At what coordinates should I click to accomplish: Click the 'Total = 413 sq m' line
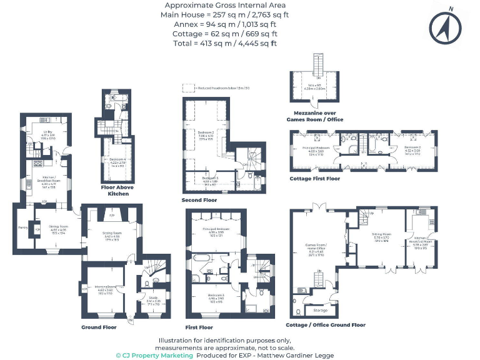point(225,43)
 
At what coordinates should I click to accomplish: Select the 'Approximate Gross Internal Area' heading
point(225,5)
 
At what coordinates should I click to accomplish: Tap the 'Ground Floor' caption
point(99,327)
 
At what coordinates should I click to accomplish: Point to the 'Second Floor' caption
point(199,200)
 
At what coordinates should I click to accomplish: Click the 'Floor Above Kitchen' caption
point(117,190)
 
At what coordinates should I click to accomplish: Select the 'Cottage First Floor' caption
point(315,179)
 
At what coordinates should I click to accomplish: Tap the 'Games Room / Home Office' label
point(315,248)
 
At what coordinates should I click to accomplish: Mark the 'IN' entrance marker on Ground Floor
point(131,321)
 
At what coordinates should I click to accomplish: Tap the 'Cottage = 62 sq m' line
point(225,34)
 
